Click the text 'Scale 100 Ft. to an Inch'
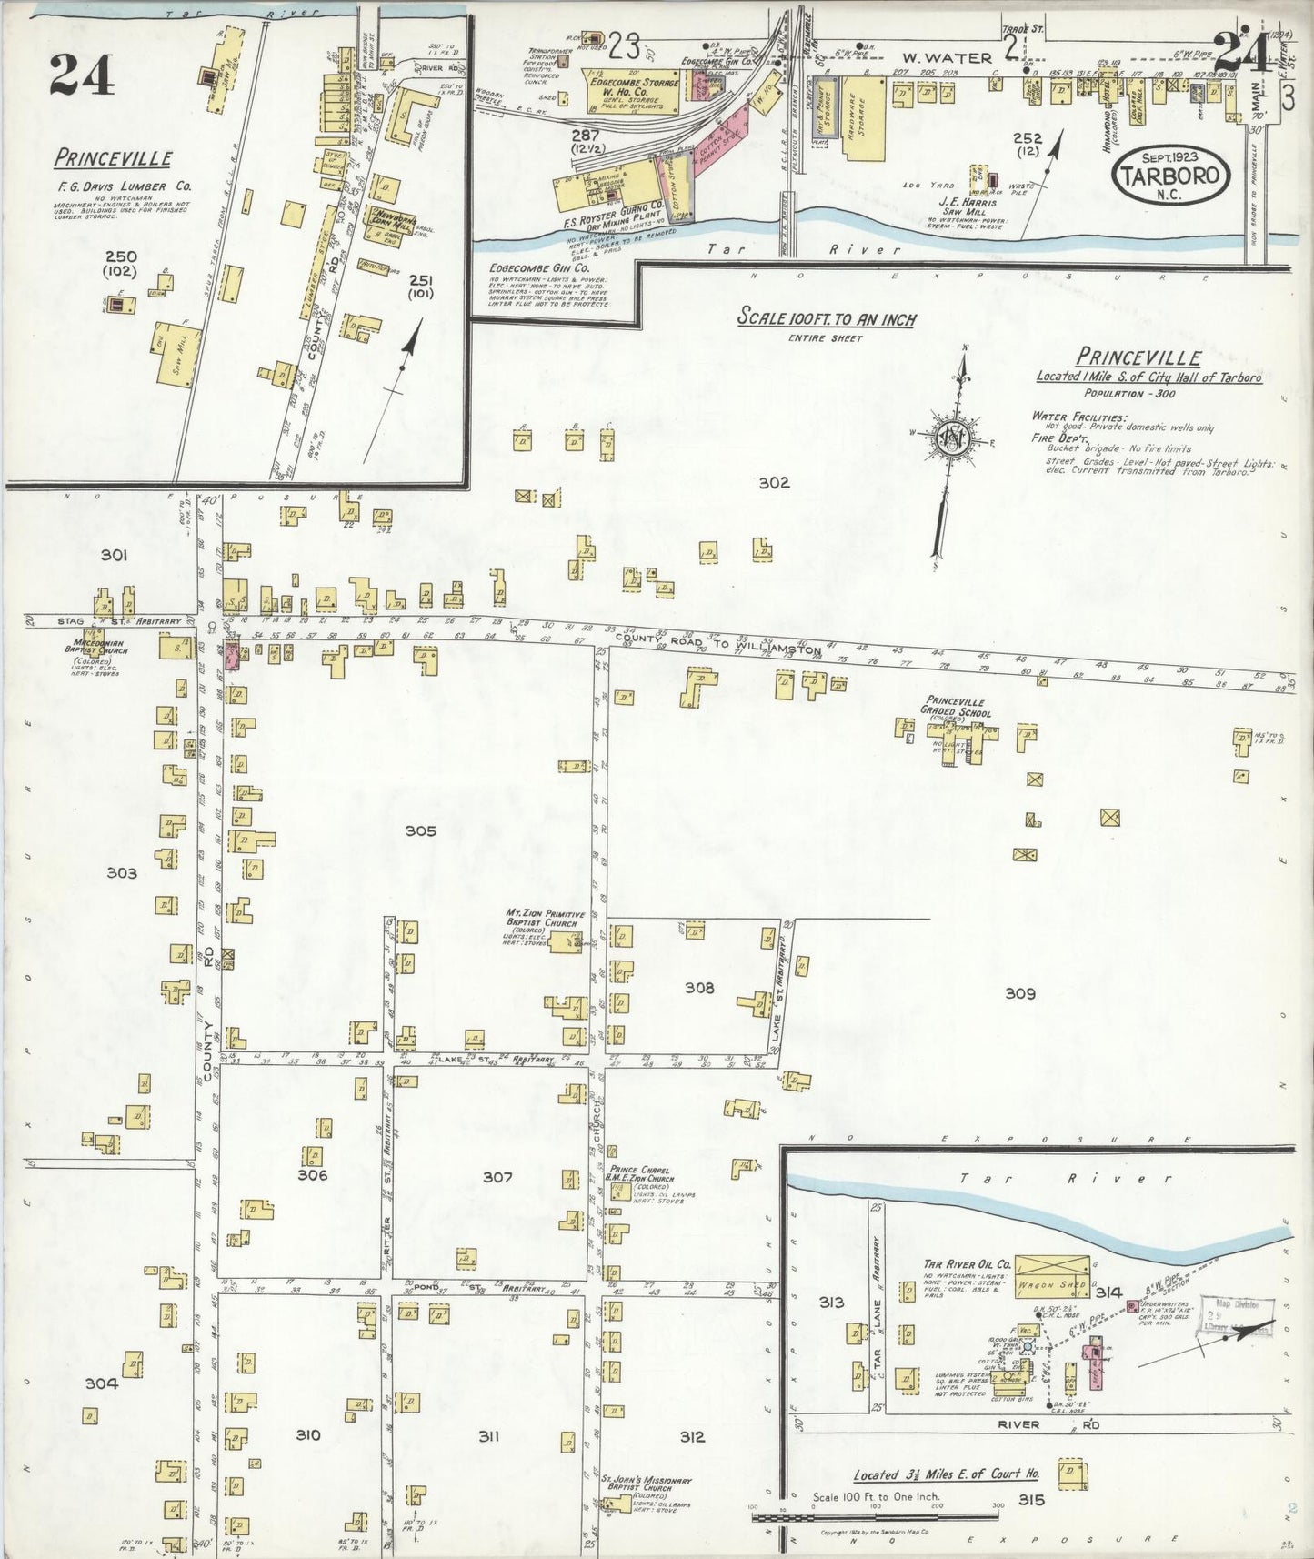pos(826,318)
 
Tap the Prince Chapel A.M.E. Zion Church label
pos(641,1175)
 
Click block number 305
pos(421,830)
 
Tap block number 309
pos(1020,993)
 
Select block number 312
pos(692,1436)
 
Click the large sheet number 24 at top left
pos(83,75)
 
